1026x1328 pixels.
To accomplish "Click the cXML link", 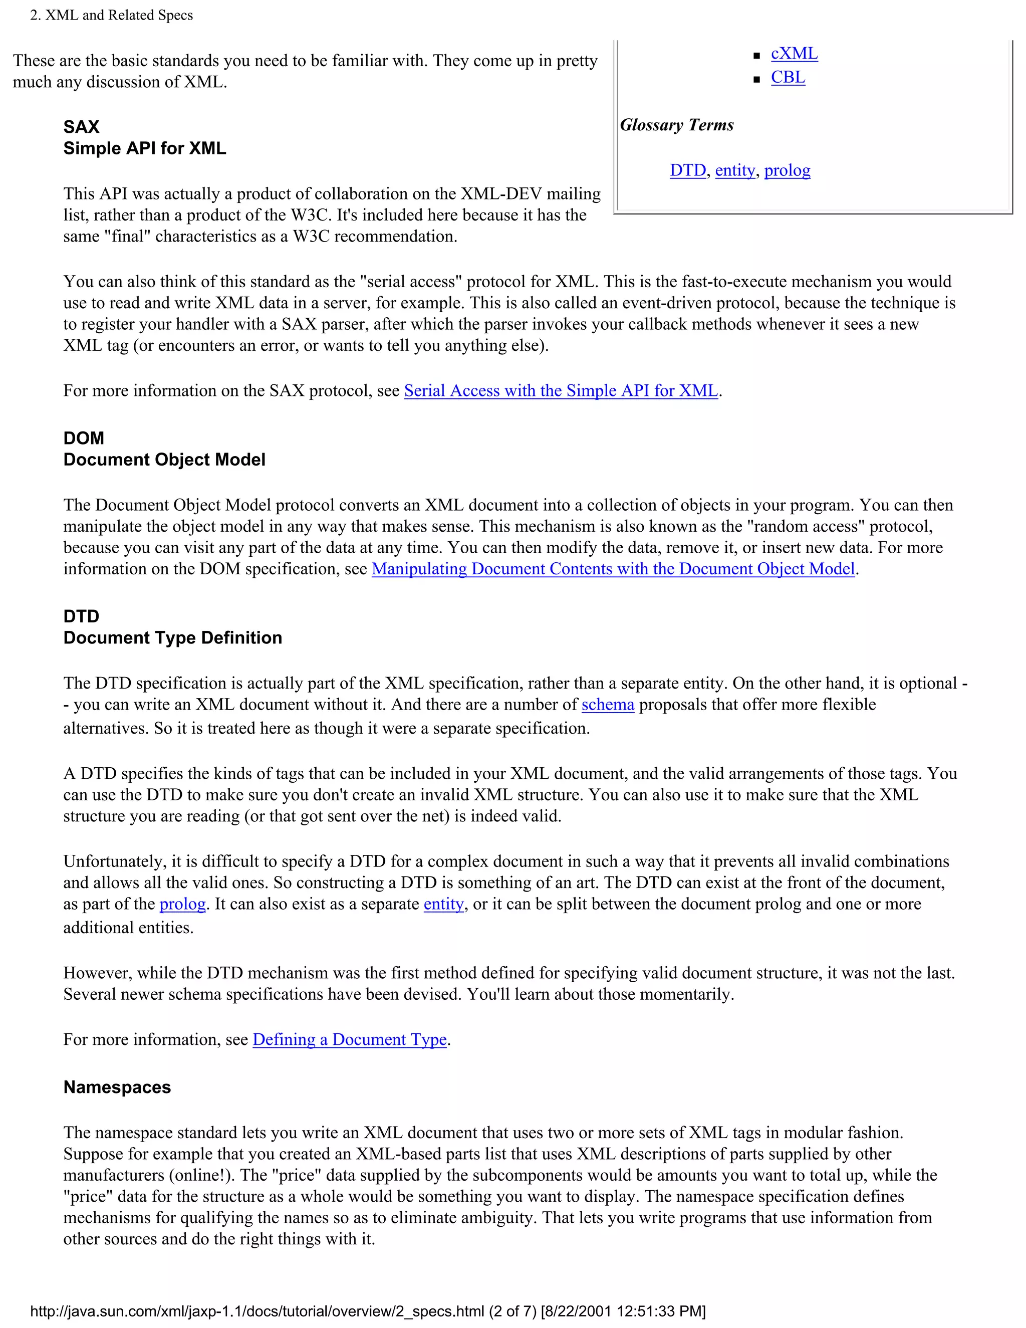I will [794, 54].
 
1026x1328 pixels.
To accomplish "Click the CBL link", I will [788, 77].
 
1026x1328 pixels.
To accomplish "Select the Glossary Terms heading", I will [676, 125].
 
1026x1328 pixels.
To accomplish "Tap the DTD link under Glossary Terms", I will [687, 170].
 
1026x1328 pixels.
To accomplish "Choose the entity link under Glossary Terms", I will [735, 170].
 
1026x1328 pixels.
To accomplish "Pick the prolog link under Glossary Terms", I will [787, 170].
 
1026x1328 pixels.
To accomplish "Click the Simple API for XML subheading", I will [145, 148].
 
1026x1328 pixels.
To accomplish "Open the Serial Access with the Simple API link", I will [561, 390].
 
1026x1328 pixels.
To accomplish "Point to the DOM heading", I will [84, 438].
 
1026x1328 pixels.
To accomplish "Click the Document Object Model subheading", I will [164, 460].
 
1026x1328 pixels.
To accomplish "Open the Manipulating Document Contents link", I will [613, 569].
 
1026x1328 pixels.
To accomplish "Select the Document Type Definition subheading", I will [173, 638].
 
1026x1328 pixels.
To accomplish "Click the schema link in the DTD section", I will [607, 704].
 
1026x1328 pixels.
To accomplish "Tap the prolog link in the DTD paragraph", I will [182, 904].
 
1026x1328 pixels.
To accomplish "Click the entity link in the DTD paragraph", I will [444, 904].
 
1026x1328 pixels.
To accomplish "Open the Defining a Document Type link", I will [350, 1039].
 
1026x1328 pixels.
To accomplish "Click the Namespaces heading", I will [117, 1087].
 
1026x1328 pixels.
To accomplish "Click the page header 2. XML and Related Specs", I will [111, 15].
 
